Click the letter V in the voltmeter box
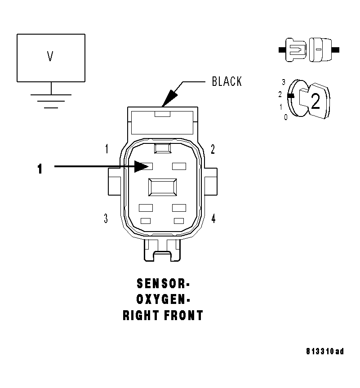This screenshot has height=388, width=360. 50,57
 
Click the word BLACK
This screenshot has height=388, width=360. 227,81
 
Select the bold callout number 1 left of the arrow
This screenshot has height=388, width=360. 40,169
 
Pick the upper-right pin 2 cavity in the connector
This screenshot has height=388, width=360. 179,166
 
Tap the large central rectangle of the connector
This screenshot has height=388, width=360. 163,187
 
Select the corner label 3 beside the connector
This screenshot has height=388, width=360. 106,219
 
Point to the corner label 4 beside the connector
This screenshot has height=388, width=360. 213,219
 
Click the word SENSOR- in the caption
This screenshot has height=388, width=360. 163,284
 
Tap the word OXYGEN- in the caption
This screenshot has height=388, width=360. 163,299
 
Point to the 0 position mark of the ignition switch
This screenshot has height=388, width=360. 285,117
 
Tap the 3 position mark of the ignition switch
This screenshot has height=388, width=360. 284,82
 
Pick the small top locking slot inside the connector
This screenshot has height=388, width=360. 161,148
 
